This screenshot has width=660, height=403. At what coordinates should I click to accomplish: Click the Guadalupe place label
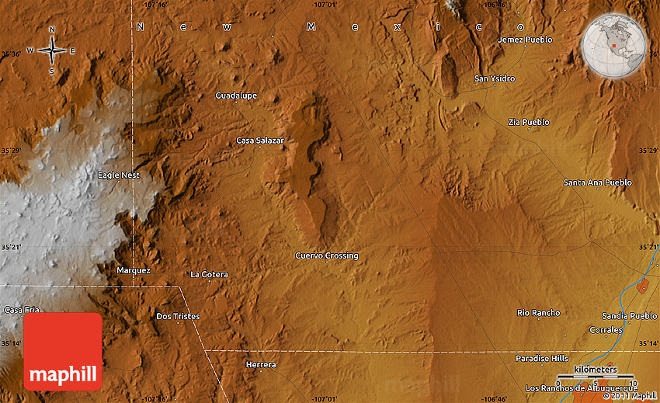click(236, 96)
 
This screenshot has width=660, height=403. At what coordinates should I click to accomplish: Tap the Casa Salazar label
click(260, 141)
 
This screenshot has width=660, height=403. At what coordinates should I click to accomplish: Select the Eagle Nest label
click(119, 175)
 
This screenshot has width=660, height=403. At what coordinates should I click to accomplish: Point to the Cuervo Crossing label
click(327, 255)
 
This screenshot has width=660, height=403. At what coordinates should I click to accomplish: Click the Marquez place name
click(133, 270)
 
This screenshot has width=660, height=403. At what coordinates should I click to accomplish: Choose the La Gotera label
click(210, 274)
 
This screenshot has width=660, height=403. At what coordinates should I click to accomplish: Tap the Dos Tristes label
click(178, 316)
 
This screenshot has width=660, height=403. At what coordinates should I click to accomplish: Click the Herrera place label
click(260, 364)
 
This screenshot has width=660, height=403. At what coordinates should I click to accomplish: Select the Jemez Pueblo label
click(526, 40)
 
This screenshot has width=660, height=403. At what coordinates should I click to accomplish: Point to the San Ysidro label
click(495, 78)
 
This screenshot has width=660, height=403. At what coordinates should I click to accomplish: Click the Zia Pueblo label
click(529, 122)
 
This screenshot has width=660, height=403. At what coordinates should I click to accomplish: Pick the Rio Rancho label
click(538, 313)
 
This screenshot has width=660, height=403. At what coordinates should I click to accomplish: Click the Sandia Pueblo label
click(629, 316)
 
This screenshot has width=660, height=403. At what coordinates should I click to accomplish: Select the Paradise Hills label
click(542, 358)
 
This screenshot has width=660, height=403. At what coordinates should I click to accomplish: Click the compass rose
click(51, 51)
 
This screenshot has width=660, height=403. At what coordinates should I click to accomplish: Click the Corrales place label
click(606, 330)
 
